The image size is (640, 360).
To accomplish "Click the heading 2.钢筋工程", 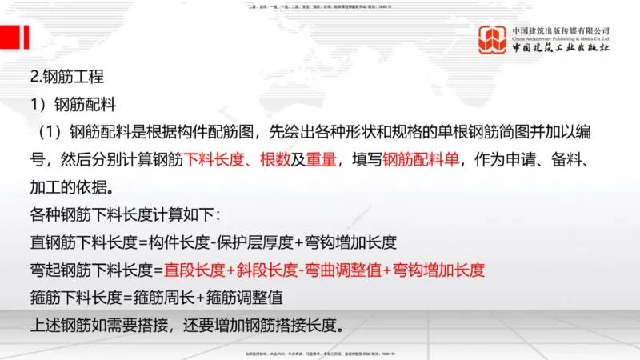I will tap(66, 78).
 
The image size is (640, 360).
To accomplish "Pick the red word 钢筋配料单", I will tap(421, 159).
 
